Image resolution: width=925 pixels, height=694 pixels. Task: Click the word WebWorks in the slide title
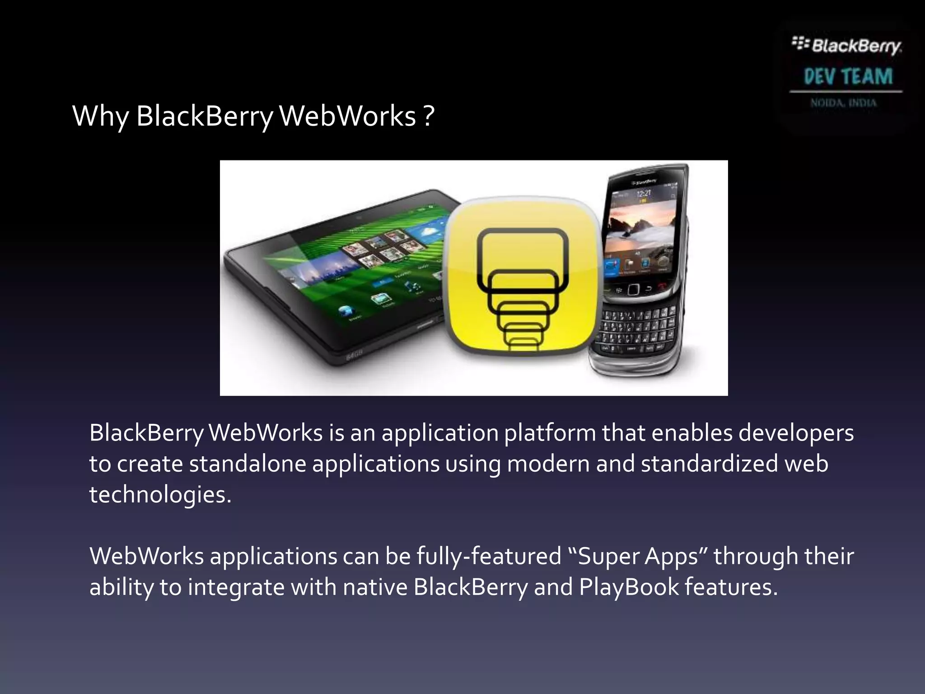347,116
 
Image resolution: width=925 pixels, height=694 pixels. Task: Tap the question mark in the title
429,116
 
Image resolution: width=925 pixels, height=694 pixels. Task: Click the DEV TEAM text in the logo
848,76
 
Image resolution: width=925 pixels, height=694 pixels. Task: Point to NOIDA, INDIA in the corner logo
843,103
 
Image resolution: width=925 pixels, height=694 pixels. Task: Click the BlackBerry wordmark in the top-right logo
855,46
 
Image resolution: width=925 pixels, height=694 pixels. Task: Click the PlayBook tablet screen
352,267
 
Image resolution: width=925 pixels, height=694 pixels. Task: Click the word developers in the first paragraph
796,433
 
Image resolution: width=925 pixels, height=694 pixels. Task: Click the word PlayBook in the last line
629,587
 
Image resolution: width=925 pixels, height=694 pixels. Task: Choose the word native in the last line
375,587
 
